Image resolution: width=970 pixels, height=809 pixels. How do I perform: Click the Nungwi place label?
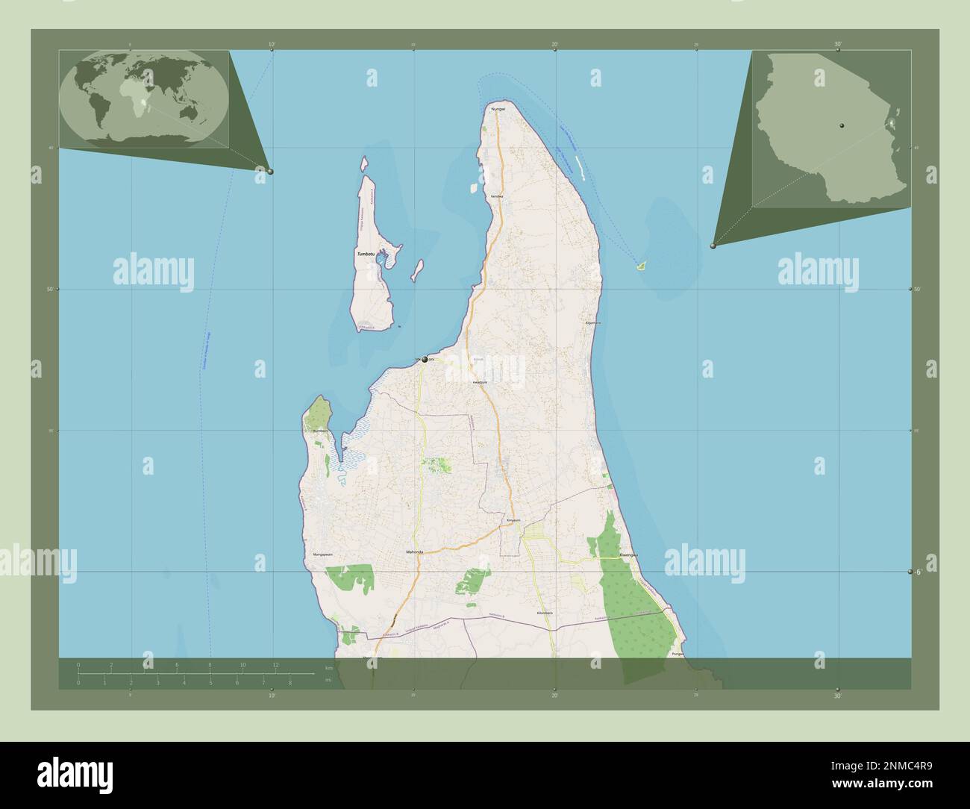[x=498, y=110]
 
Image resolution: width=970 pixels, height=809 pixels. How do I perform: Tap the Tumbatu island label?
[x=366, y=254]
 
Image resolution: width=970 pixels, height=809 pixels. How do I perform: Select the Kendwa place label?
[x=498, y=196]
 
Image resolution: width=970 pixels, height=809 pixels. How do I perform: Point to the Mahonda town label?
[x=414, y=552]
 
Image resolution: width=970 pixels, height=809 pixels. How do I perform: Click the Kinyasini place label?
[x=513, y=519]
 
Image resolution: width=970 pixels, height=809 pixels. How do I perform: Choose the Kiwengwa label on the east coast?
[x=630, y=556]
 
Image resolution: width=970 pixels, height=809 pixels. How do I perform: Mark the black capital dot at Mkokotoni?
[x=425, y=360]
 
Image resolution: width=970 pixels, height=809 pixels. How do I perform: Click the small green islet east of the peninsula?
[x=641, y=264]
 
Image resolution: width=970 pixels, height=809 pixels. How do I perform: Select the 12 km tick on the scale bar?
[x=276, y=664]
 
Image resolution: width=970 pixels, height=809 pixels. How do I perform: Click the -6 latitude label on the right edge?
[x=918, y=572]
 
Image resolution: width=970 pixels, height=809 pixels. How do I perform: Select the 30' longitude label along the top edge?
[x=838, y=45]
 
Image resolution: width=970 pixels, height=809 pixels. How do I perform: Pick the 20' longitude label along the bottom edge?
[x=554, y=696]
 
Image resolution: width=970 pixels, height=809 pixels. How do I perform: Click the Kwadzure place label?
[x=480, y=382]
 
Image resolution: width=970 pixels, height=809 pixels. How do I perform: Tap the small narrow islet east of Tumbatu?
[x=418, y=269]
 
